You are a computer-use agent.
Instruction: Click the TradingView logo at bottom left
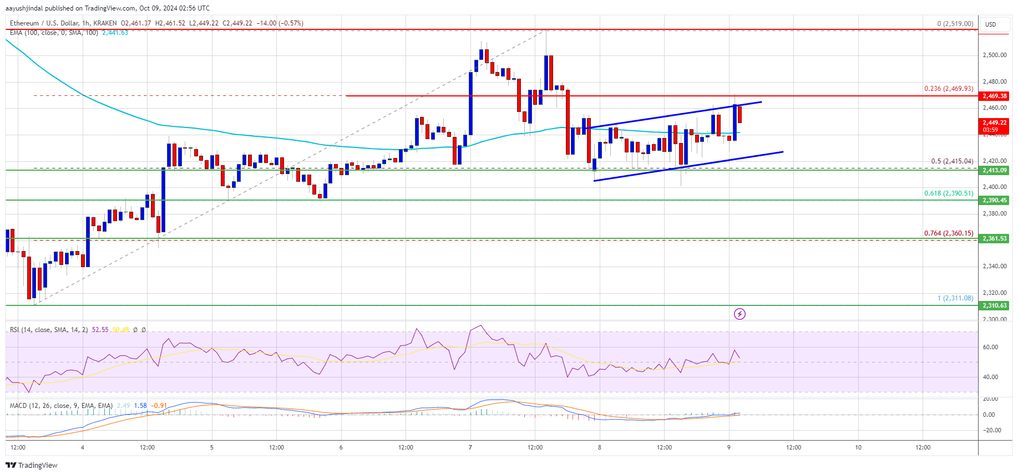[x=32, y=465]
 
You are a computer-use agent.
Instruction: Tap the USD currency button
[x=990, y=24]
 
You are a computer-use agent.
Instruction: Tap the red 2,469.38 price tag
[x=994, y=96]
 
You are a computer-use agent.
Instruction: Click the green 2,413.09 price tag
[x=994, y=171]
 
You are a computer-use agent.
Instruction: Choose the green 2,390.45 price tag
[x=994, y=200]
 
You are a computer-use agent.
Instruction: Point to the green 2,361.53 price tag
[x=994, y=238]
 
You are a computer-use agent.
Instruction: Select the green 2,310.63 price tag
[x=994, y=305]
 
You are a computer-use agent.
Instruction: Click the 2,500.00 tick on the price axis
[x=994, y=55]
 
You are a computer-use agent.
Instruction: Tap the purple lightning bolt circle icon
[x=740, y=314]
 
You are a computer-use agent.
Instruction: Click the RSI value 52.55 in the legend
[x=100, y=330]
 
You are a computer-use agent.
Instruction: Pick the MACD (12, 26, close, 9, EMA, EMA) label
[x=61, y=406]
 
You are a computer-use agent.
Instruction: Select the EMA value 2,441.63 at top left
[x=115, y=33]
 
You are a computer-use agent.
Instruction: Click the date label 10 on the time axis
[x=858, y=447]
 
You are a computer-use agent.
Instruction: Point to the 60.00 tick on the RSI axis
[x=990, y=347]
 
